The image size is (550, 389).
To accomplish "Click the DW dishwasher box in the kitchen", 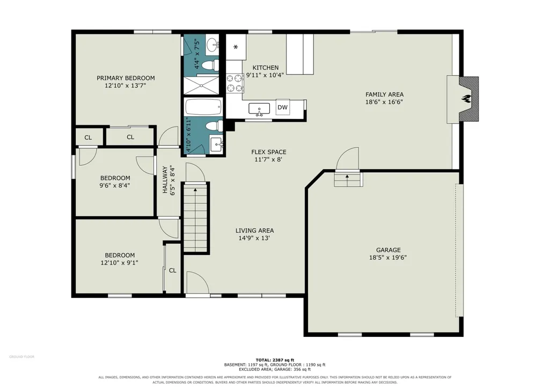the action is tap(283, 107).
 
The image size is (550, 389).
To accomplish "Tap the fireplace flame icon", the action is tap(466, 99).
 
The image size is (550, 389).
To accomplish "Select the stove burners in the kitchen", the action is tap(234, 83).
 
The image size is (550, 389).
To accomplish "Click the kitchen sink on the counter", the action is tap(259, 109).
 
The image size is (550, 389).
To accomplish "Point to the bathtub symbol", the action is tap(203, 107).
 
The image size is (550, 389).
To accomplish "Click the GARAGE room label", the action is tap(388, 250).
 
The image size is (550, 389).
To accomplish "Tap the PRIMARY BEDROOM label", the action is tap(126, 78).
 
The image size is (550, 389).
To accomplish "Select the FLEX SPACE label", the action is tap(269, 152).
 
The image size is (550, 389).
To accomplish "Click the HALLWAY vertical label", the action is tap(165, 180).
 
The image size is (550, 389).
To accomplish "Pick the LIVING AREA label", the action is tap(255, 231).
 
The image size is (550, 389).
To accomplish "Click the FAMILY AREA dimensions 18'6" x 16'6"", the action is tap(384, 102).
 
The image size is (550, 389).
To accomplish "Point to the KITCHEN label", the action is tap(266, 68).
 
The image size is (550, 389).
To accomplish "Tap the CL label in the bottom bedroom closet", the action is tap(173, 270).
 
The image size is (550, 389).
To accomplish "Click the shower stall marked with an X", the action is tap(201, 85).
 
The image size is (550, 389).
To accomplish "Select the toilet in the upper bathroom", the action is tap(211, 65).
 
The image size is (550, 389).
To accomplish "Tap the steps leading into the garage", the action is tap(348, 179).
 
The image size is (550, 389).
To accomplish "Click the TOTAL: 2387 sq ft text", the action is tap(275, 360).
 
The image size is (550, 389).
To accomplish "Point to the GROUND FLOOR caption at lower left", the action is tap(22, 357).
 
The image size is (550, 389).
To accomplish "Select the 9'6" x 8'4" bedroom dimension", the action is tap(115, 185).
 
